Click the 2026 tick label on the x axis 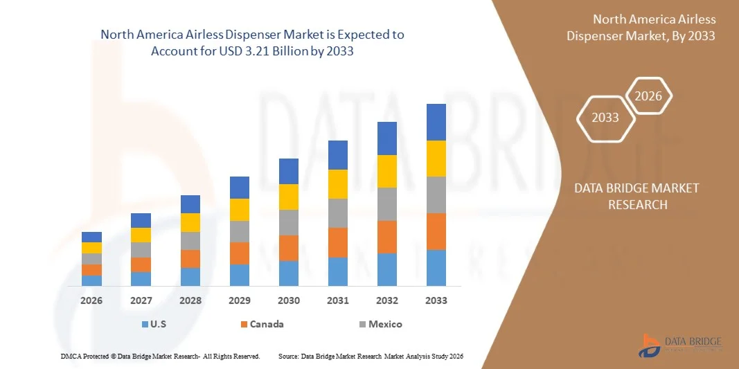point(91,300)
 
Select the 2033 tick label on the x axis point(436,300)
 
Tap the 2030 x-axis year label point(289,300)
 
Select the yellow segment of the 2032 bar point(387,171)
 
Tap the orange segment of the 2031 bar point(338,242)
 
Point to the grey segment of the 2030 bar point(289,222)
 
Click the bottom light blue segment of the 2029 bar point(240,275)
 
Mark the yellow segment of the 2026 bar point(91,248)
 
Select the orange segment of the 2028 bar point(190,259)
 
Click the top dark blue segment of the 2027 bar point(141,220)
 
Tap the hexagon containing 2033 point(605,117)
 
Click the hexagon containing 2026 point(649,96)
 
